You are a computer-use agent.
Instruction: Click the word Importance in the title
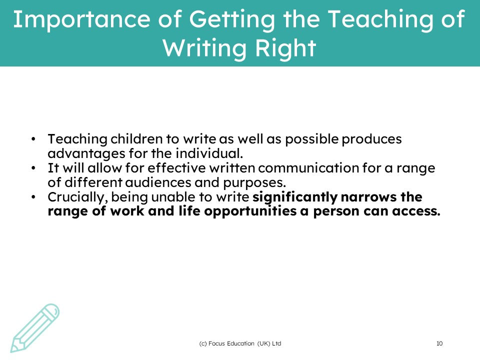pyautogui.click(x=81, y=19)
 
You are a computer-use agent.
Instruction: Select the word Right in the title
pyautogui.click(x=286, y=48)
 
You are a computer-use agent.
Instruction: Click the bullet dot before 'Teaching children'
pyautogui.click(x=33, y=139)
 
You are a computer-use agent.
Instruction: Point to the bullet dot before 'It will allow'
pyautogui.click(x=33, y=168)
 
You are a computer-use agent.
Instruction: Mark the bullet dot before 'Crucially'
pyautogui.click(x=33, y=197)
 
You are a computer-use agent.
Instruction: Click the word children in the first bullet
pyautogui.click(x=136, y=139)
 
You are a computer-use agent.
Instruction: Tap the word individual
pyautogui.click(x=209, y=153)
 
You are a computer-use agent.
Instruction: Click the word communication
pyautogui.click(x=308, y=168)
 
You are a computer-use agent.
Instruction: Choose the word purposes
pyautogui.click(x=254, y=183)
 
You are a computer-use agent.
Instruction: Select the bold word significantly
pyautogui.click(x=295, y=197)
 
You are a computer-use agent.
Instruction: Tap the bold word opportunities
pyautogui.click(x=250, y=211)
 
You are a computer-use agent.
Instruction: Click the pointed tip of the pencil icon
pyautogui.click(x=11, y=351)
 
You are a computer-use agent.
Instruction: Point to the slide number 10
pyautogui.click(x=439, y=343)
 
